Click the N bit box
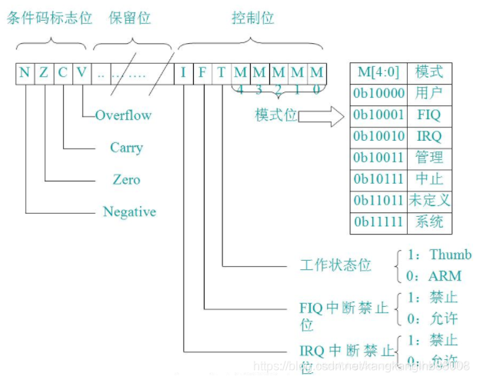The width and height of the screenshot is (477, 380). pyautogui.click(x=25, y=73)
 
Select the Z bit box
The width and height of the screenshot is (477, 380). pyautogui.click(x=44, y=73)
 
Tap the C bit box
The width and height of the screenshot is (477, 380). pyautogui.click(x=63, y=73)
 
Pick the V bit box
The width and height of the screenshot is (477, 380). pyautogui.click(x=82, y=73)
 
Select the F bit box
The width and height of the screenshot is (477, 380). pyautogui.click(x=202, y=73)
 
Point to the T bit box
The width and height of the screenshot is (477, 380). pyautogui.click(x=222, y=73)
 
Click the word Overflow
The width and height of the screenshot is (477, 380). pyautogui.click(x=123, y=115)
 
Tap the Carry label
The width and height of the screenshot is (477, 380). pyautogui.click(x=126, y=147)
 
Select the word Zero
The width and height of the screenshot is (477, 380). pyautogui.click(x=126, y=179)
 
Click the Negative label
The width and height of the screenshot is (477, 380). pyautogui.click(x=129, y=212)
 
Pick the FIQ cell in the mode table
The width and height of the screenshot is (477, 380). pyautogui.click(x=428, y=115)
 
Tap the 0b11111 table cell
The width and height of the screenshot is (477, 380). pyautogui.click(x=377, y=222)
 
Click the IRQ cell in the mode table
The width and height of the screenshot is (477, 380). pyautogui.click(x=428, y=136)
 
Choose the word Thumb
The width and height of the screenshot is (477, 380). pyautogui.click(x=450, y=255)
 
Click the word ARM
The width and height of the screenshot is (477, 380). pyautogui.click(x=444, y=275)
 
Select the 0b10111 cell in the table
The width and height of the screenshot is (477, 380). pyautogui.click(x=377, y=179)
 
